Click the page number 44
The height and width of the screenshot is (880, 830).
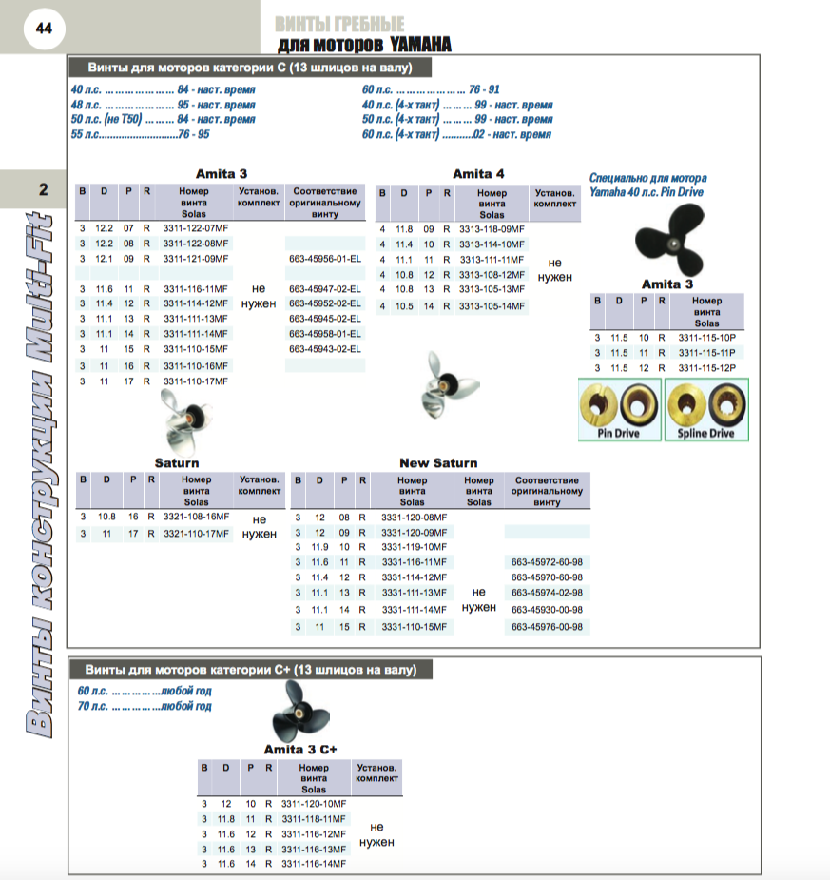point(44,28)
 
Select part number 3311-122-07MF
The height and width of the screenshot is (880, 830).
point(196,228)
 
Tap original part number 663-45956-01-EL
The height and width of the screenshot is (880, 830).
point(325,259)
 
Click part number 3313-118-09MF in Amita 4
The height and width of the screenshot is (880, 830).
point(492,229)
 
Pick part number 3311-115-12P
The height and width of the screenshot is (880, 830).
point(706,368)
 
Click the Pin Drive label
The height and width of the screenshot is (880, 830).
point(619,433)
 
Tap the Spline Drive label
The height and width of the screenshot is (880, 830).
point(705,433)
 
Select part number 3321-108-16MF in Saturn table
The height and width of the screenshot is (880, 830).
point(196,517)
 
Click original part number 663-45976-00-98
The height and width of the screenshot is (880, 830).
point(547,627)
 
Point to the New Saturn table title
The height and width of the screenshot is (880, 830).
point(438,463)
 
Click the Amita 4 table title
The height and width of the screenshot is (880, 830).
point(478,174)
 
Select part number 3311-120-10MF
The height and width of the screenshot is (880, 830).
point(314,804)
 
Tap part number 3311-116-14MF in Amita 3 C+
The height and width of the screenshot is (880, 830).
point(314,864)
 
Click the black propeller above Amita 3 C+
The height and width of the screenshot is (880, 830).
point(300,712)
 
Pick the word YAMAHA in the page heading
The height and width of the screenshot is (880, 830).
point(420,45)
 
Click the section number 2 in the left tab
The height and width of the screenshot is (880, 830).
point(43,189)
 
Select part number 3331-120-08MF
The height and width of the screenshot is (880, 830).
point(415,518)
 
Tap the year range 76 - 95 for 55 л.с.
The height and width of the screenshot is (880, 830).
point(194,134)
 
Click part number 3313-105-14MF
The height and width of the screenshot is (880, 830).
point(492,306)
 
